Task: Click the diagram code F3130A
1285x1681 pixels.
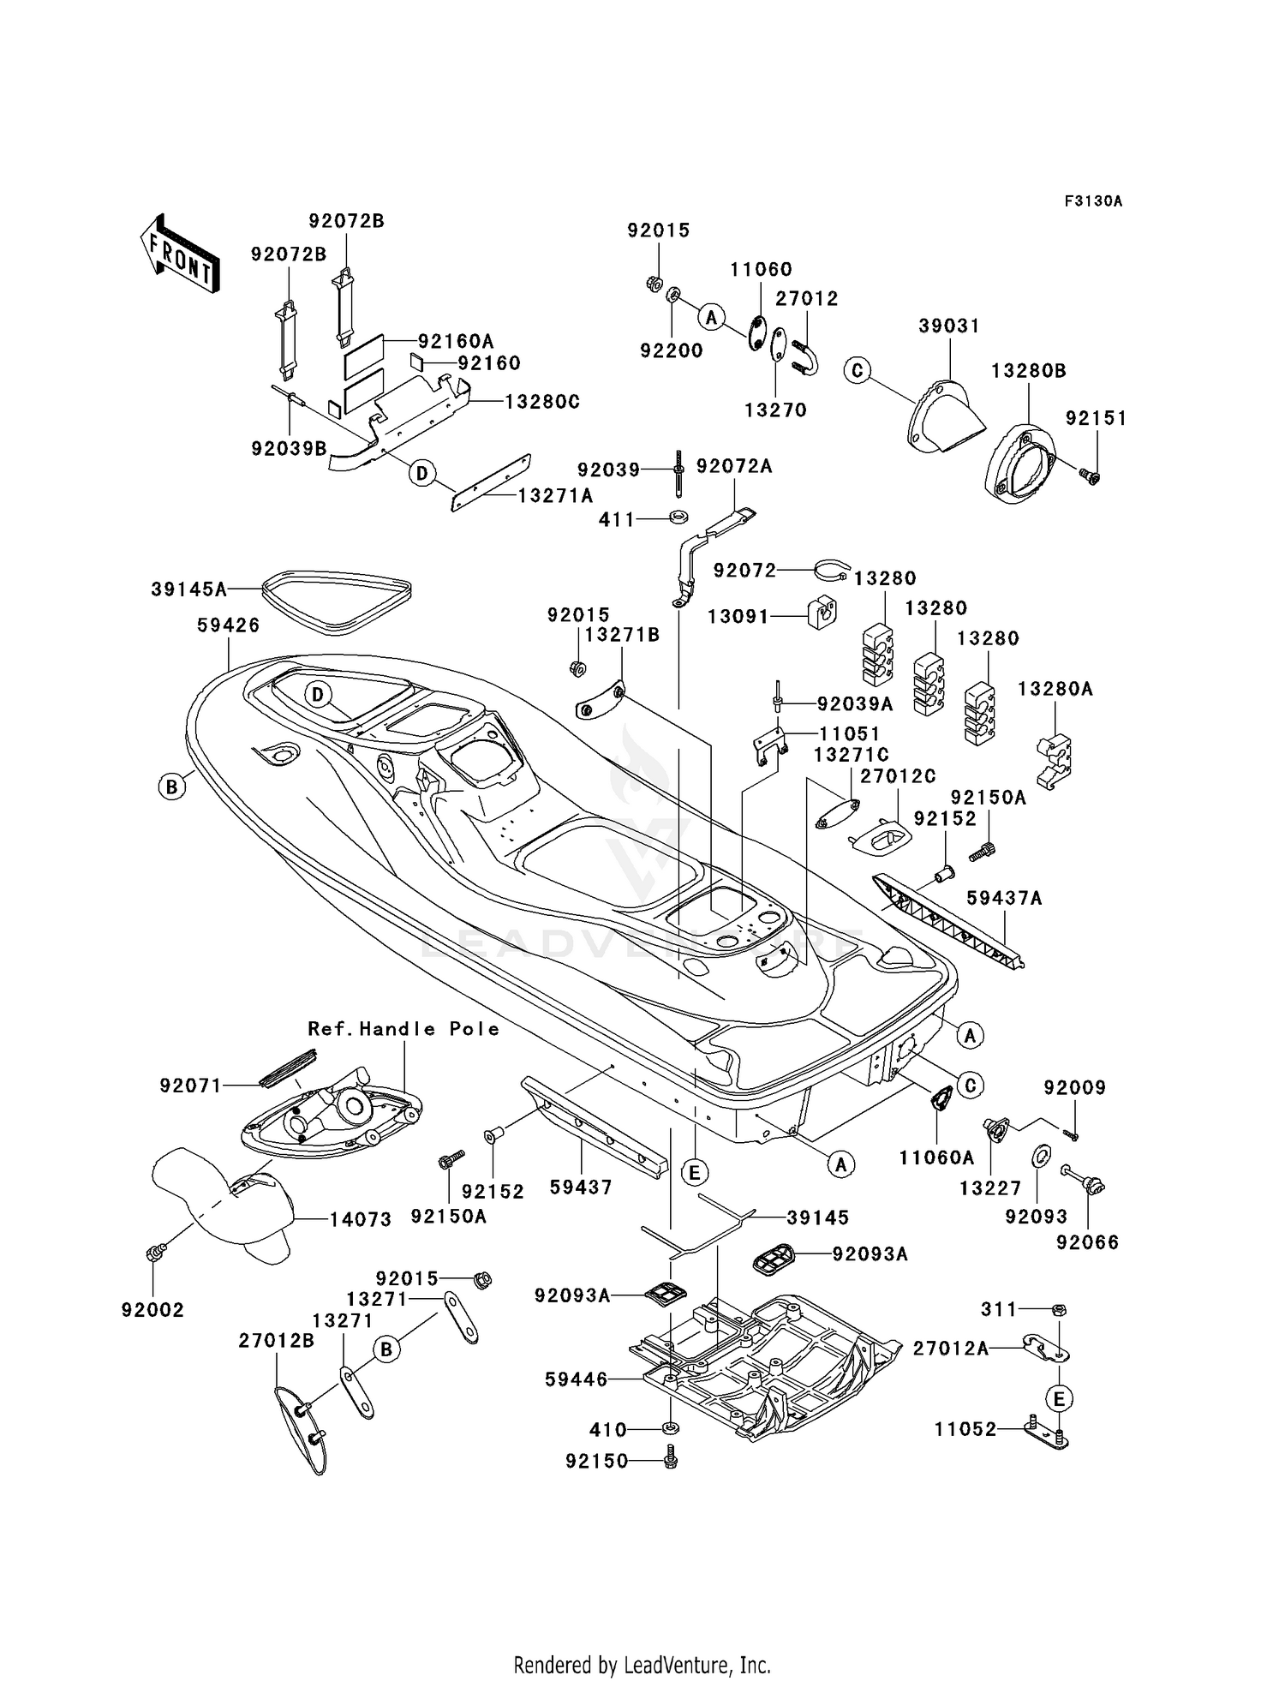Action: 1093,201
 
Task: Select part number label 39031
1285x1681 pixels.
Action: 949,326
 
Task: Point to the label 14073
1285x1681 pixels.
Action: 361,1219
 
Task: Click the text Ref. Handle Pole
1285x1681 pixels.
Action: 404,1029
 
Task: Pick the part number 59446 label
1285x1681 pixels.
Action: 576,1379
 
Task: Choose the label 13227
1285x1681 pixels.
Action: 990,1187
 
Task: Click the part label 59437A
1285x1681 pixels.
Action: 1005,898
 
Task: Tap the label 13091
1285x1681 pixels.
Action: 738,616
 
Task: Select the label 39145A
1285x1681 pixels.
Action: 189,589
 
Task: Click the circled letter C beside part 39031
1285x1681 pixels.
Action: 857,370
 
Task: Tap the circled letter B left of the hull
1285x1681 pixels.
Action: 172,787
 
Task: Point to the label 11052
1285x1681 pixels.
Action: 965,1429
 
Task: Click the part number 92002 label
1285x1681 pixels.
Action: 153,1310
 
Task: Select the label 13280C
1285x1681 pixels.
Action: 542,401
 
